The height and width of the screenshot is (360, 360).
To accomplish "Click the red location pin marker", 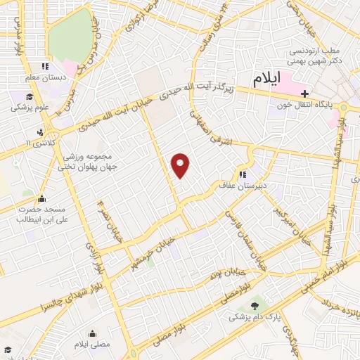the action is (181, 165).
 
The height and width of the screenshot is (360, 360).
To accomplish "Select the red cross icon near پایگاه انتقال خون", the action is (304, 94).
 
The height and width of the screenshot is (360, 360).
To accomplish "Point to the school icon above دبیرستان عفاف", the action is (243, 174).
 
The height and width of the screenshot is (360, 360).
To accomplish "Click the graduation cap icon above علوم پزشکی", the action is (29, 96).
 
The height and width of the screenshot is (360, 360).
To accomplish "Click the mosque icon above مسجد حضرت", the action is (41, 198).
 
